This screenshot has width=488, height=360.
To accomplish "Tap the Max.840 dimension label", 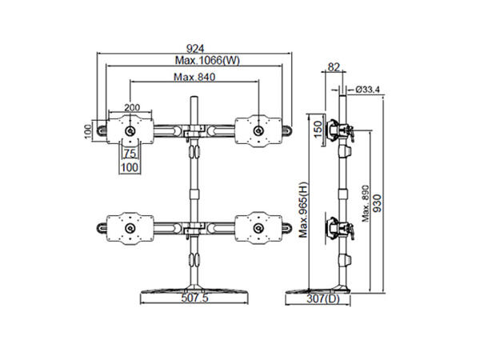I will point(194,77).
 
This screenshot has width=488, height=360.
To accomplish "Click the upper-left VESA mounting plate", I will point(129,129).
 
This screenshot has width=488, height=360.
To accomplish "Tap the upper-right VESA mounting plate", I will point(257,129).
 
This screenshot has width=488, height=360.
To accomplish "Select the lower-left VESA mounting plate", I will point(129,229).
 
